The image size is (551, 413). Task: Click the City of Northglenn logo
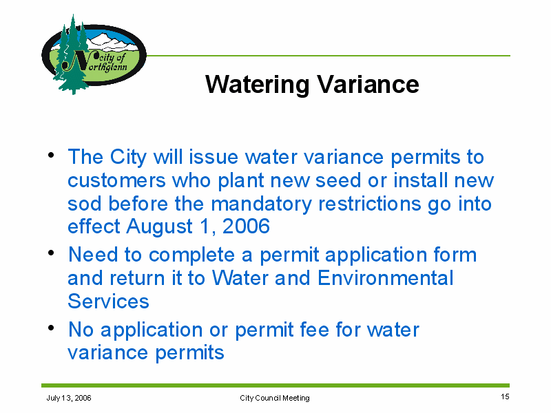click(x=94, y=55)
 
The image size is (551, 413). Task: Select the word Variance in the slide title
click(x=368, y=84)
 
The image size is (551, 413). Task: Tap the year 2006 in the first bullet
click(x=246, y=226)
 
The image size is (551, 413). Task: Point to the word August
click(x=160, y=227)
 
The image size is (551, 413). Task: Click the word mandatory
click(x=262, y=204)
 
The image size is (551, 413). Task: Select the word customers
click(x=116, y=181)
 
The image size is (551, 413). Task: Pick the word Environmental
click(x=386, y=278)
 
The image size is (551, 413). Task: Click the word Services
click(x=109, y=301)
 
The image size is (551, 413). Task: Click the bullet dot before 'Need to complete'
click(x=51, y=253)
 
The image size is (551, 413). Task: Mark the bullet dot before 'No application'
click(x=51, y=328)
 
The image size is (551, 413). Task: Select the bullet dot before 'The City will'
click(x=51, y=154)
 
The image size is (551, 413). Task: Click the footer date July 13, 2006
click(x=69, y=398)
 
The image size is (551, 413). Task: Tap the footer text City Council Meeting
click(x=275, y=398)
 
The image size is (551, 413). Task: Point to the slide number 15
click(x=505, y=396)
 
